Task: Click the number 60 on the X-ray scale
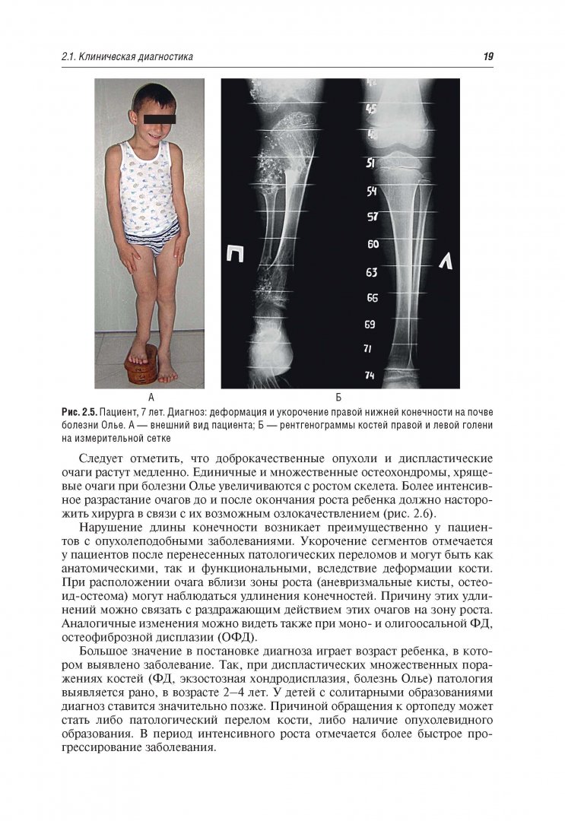373,244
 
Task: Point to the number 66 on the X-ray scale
373,298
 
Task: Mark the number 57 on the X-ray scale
373,217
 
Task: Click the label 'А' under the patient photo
151,397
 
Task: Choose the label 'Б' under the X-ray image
338,397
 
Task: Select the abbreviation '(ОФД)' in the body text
238,636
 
